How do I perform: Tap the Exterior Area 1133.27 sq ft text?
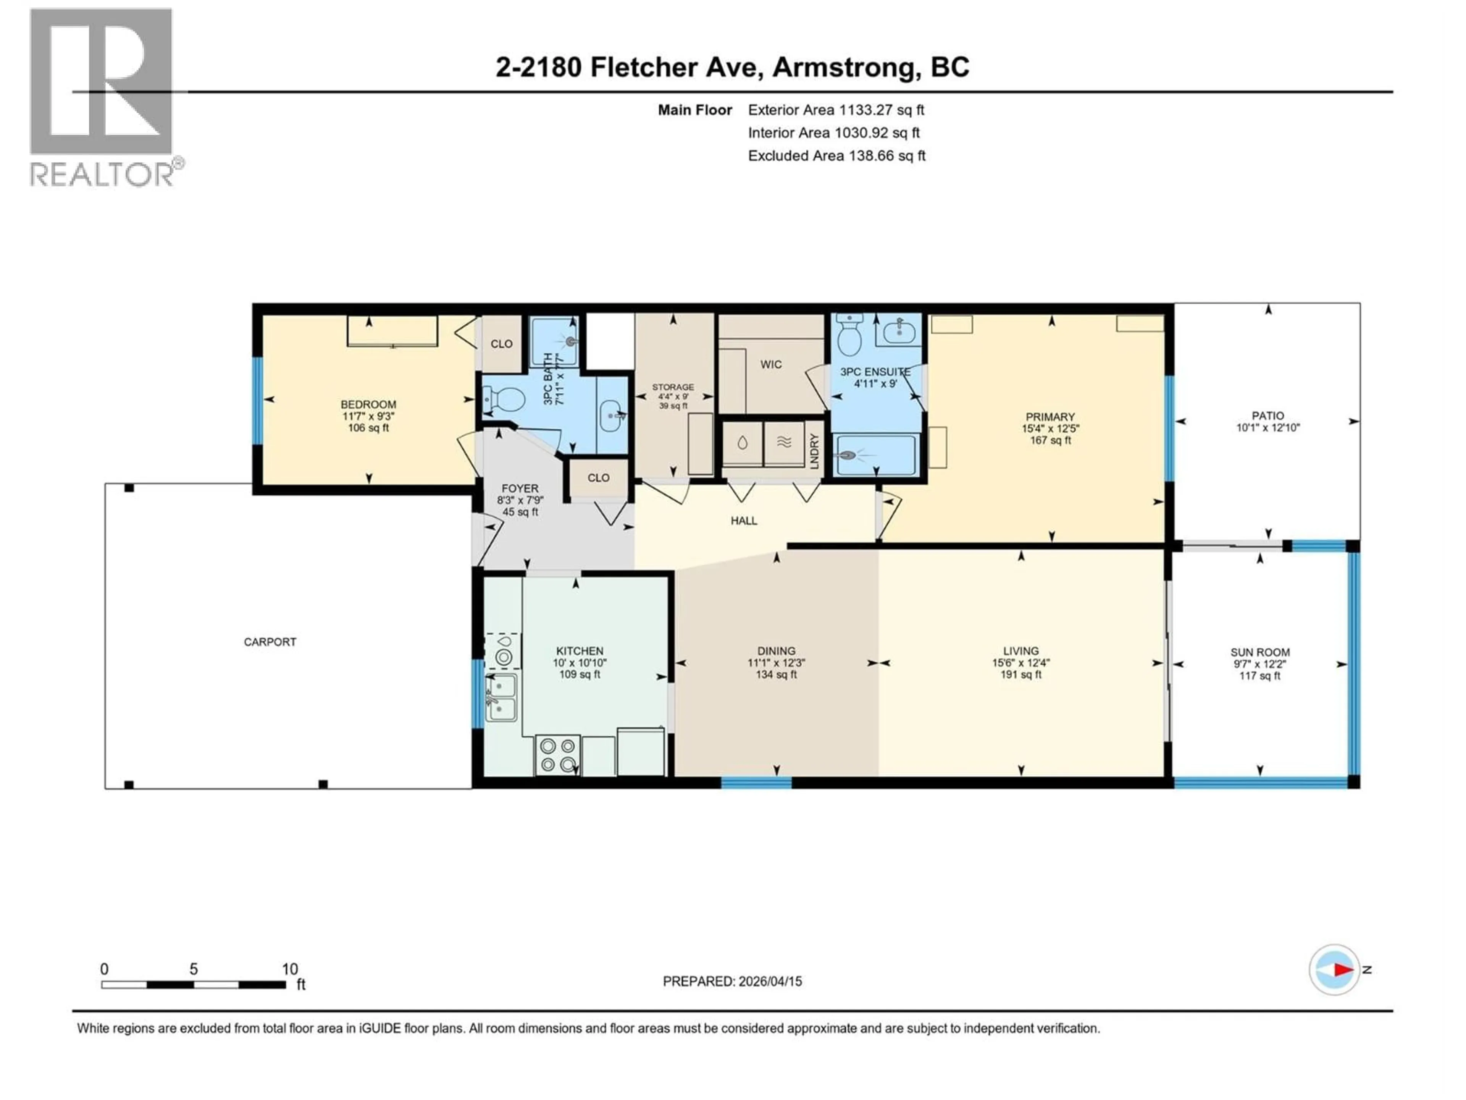836,110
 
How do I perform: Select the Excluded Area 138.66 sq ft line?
836,156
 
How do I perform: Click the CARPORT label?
270,642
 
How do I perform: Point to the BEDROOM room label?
368,404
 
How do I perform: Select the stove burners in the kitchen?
557,755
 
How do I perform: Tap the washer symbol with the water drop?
742,443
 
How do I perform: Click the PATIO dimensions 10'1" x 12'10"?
1268,428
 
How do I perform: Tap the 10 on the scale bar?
290,969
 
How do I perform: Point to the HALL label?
744,521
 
